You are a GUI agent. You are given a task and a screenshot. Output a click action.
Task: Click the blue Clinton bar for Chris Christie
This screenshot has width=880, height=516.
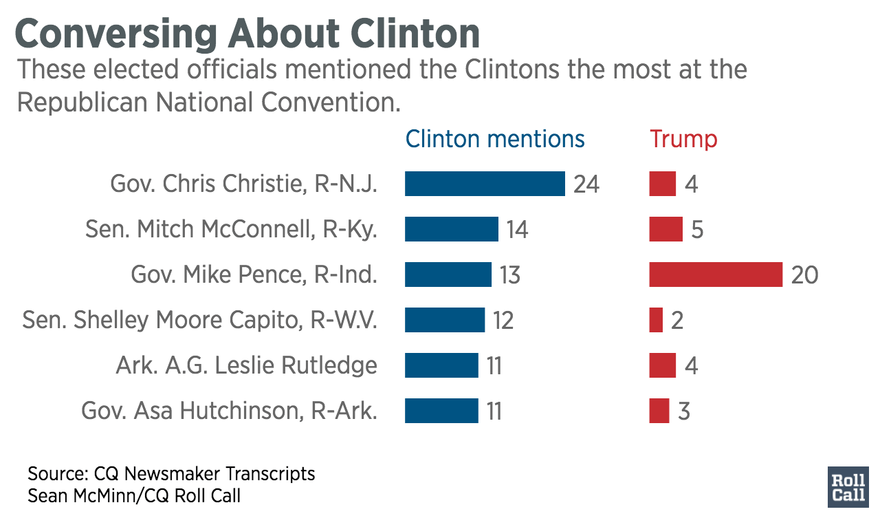point(485,184)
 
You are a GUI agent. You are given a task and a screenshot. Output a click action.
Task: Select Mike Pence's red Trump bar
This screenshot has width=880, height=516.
point(716,275)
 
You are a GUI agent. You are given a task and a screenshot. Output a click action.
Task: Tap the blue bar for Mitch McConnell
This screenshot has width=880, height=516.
point(451,229)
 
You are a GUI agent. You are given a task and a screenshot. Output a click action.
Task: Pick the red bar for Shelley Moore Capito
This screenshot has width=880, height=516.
point(656,320)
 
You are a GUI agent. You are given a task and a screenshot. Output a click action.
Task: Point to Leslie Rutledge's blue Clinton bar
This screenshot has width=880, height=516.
point(441,365)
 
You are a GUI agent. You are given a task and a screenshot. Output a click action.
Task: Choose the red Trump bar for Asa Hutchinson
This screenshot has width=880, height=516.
point(659,411)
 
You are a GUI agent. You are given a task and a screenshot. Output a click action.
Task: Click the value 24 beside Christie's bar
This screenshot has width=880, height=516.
point(586,184)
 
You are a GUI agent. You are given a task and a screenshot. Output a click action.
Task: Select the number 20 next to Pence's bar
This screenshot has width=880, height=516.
point(804,275)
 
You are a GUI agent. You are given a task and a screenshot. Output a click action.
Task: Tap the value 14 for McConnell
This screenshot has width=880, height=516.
point(517,230)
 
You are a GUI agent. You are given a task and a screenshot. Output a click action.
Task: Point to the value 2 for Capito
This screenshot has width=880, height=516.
point(677,321)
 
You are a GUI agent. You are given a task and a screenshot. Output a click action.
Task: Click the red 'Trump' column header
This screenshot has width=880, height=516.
point(683,139)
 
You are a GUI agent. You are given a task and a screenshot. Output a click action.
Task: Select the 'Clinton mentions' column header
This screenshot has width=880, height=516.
point(495,139)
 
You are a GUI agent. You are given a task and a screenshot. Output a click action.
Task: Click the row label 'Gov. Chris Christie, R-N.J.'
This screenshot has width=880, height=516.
point(244,184)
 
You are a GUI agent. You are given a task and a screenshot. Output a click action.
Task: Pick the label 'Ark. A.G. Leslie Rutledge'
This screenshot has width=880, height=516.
point(246,365)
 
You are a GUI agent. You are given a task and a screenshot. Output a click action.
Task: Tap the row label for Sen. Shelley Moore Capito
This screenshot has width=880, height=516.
point(200,320)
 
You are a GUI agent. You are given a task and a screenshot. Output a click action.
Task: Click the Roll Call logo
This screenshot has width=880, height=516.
point(848,487)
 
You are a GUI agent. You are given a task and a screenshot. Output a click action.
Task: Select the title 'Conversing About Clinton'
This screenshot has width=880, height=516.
point(247,32)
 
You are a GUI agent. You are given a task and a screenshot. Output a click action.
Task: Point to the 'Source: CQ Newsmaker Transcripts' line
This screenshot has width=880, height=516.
point(171,474)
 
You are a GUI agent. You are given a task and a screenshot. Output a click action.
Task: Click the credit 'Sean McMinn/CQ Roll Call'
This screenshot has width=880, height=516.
point(134,495)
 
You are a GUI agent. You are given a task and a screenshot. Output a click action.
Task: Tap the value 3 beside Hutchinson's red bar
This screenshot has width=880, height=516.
point(683,411)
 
